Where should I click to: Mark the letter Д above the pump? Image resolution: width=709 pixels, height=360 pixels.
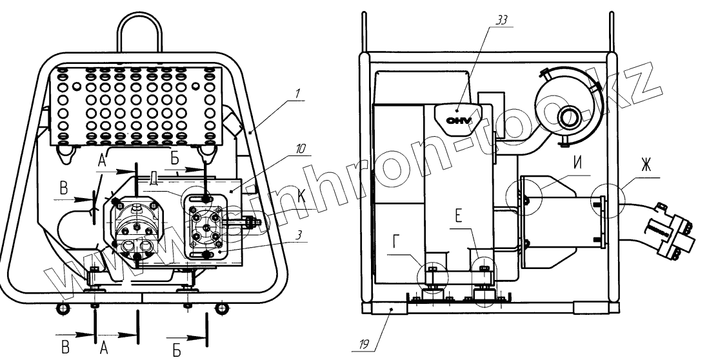(154, 177)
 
